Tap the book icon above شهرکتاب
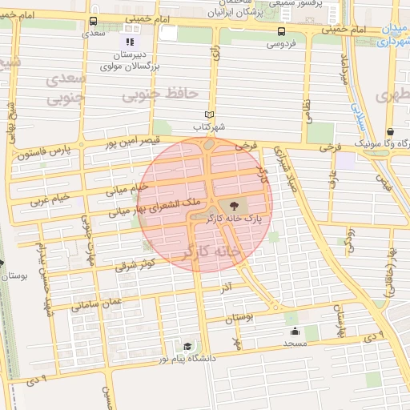pyautogui.click(x=210, y=115)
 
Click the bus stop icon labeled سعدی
pyautogui.click(x=94, y=22)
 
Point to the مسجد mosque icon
pyautogui.click(x=295, y=332)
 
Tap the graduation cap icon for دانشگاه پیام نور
pyautogui.click(x=187, y=346)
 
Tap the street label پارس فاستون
pyautogui.click(x=47, y=150)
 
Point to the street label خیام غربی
pyautogui.click(x=50, y=198)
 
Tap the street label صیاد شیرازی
pyautogui.click(x=286, y=166)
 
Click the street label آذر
pyautogui.click(x=227, y=285)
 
